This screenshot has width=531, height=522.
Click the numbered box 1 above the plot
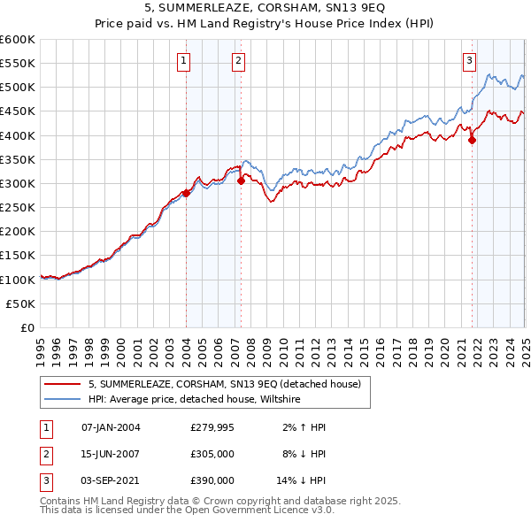pyautogui.click(x=183, y=61)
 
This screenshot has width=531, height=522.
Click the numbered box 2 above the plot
pyautogui.click(x=239, y=61)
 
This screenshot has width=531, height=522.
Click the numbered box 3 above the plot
pyautogui.click(x=468, y=61)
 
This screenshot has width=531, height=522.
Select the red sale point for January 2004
pyautogui.click(x=186, y=193)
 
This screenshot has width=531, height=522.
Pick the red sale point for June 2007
pyautogui.click(x=241, y=181)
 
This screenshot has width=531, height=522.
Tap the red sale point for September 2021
pyautogui.click(x=472, y=140)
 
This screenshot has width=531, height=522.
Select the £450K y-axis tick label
pyautogui.click(x=18, y=111)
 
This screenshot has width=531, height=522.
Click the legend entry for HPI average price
pyautogui.click(x=195, y=400)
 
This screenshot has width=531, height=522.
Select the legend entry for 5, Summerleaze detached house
pyautogui.click(x=224, y=385)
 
